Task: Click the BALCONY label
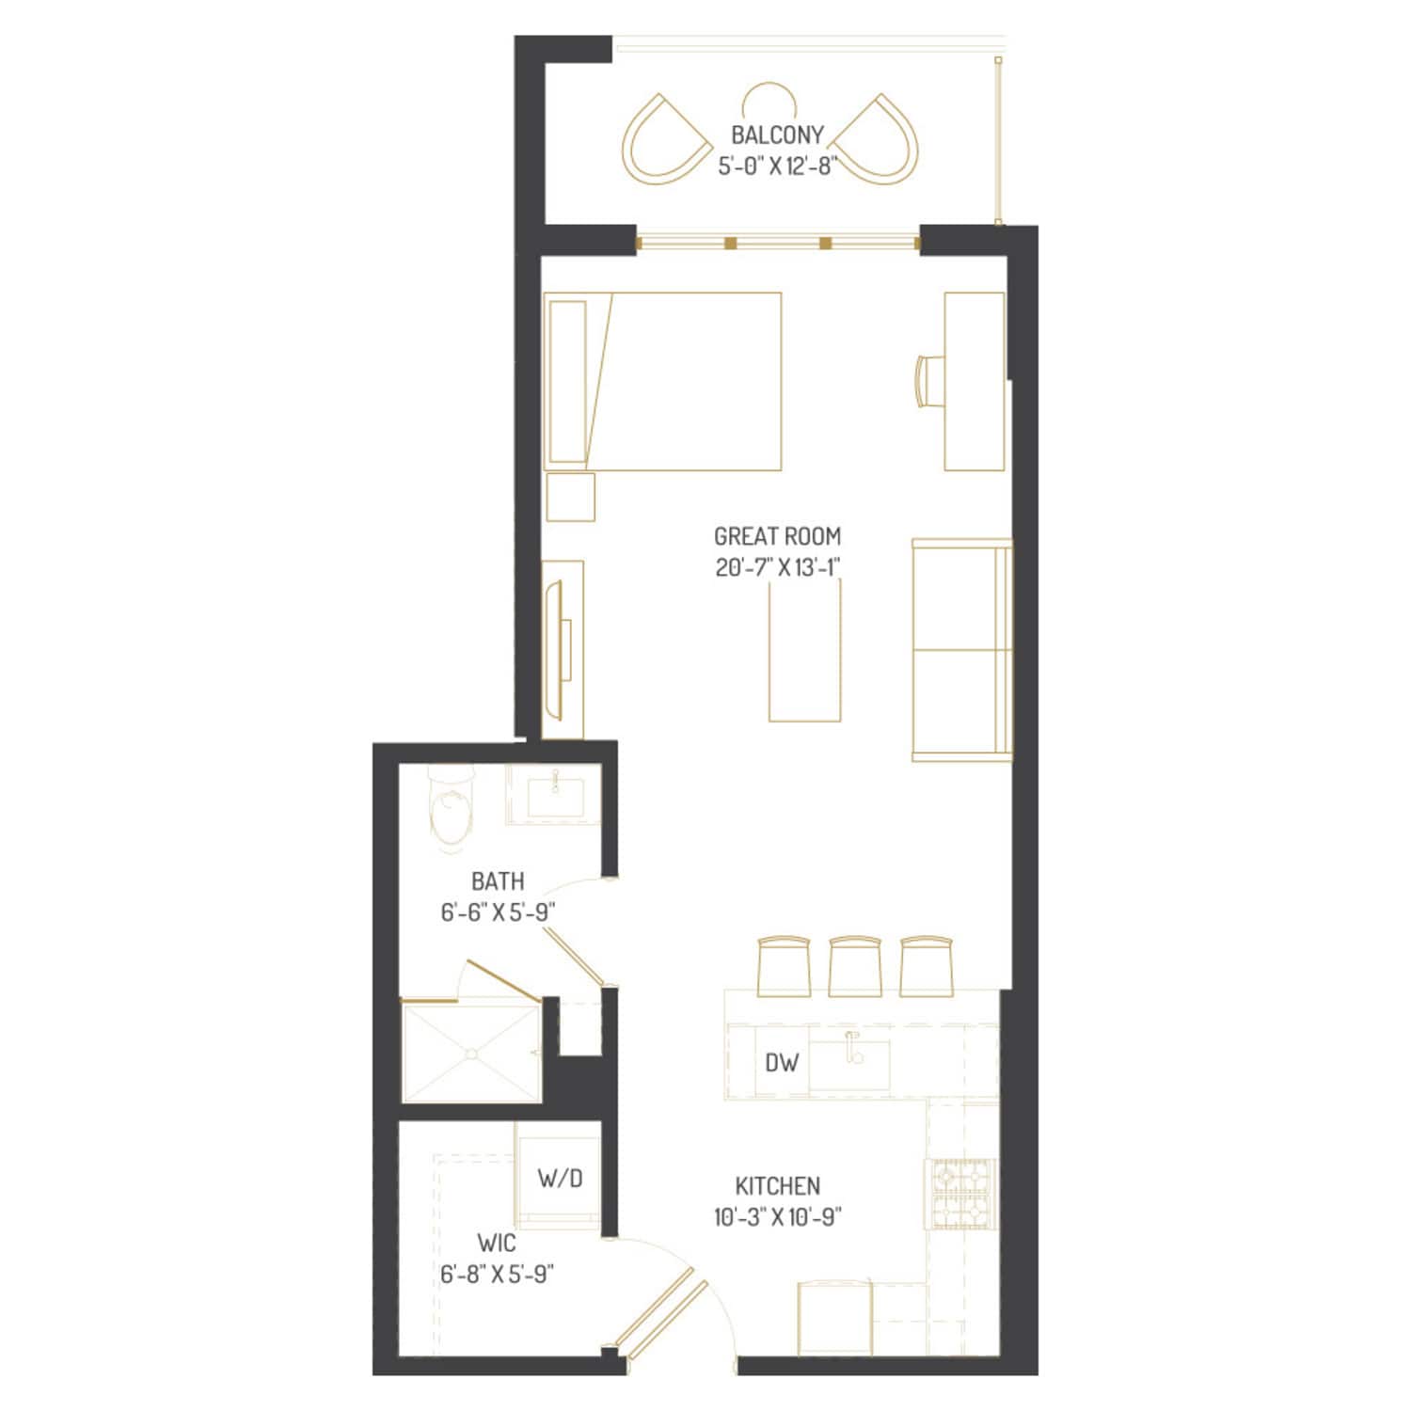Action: point(777,135)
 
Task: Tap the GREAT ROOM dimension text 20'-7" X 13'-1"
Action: point(777,568)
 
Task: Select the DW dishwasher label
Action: point(782,1062)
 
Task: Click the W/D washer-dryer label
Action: point(561,1177)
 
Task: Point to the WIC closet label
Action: point(497,1244)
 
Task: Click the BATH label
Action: point(498,881)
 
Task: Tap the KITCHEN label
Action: point(777,1185)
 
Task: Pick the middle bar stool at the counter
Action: point(855,966)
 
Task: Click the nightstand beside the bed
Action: point(570,496)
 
